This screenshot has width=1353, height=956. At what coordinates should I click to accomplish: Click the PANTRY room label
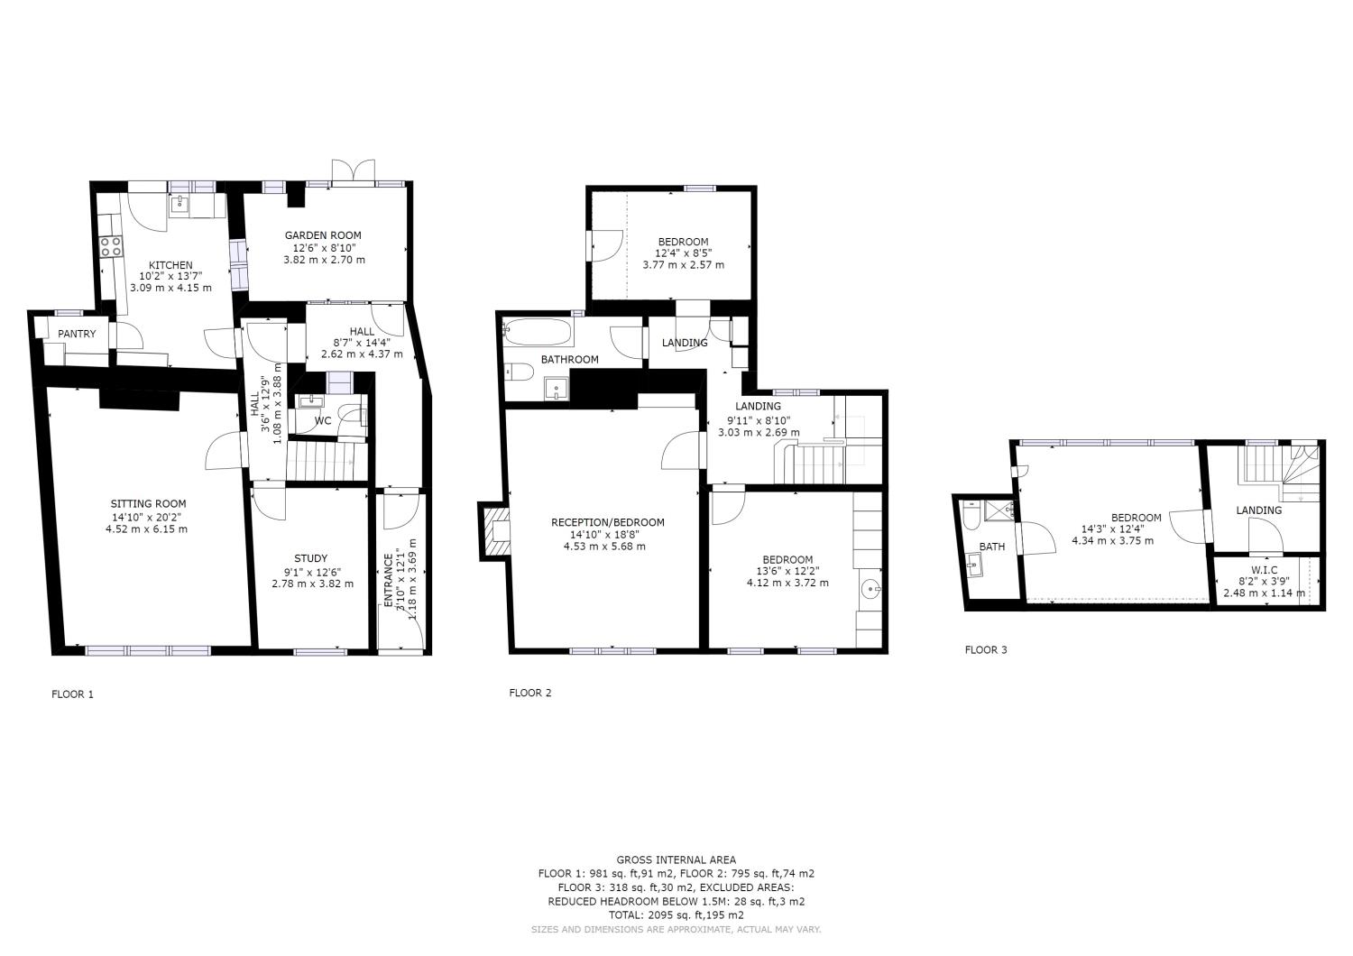pos(77,334)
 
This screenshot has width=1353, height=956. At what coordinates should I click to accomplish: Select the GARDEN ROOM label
pos(324,235)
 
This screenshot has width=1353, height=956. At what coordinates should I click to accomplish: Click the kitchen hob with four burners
pos(111,246)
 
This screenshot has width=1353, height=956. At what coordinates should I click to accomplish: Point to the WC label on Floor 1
pos(322,421)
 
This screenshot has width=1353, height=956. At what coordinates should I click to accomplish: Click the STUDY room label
pos(311,558)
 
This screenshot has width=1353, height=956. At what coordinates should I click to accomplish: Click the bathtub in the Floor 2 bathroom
pos(538,332)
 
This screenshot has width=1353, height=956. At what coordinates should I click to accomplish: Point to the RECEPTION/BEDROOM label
pos(607,522)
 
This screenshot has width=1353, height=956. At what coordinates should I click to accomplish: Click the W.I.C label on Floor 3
pos(1263,570)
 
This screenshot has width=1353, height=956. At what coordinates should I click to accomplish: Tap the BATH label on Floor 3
pos(991,547)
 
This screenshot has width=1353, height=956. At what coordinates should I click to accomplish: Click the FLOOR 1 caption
pos(72,694)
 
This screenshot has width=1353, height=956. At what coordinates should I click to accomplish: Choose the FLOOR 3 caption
pos(986,649)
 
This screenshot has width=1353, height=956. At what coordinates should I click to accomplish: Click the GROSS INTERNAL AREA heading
pos(676,859)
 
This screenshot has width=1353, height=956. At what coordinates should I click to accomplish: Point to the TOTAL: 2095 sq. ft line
pos(676,915)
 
